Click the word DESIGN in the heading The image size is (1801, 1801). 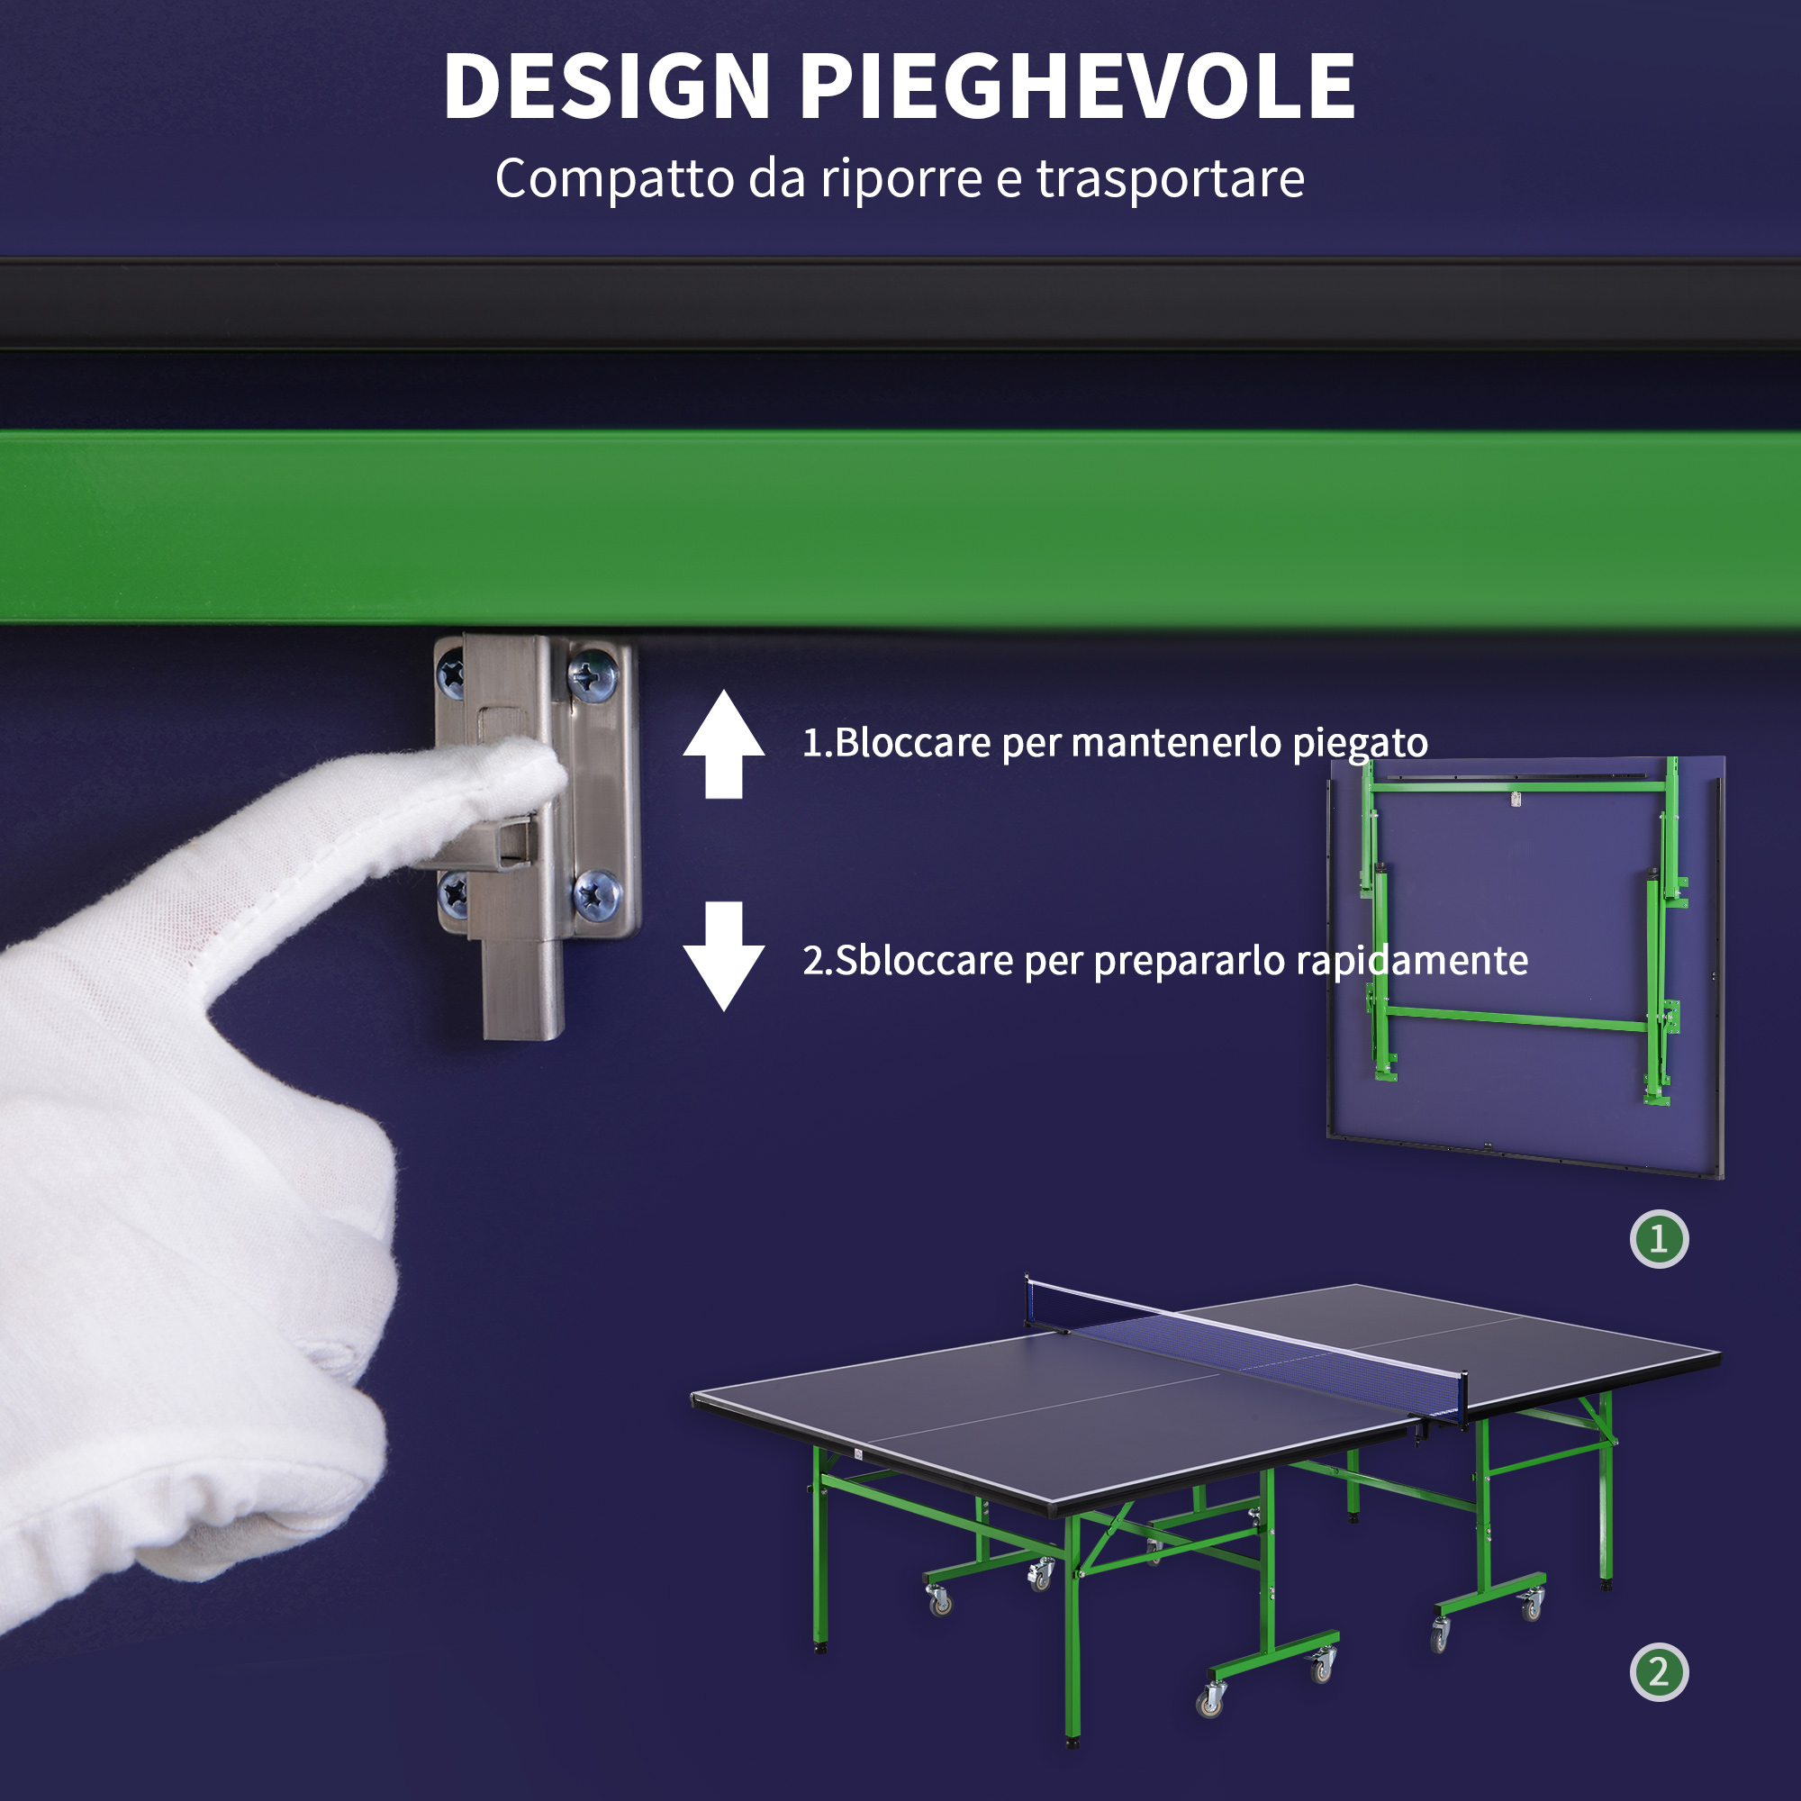click(x=607, y=86)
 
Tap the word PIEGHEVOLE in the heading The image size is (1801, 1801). click(x=1078, y=86)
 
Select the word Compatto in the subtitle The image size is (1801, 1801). click(x=614, y=179)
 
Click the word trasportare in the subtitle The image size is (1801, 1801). click(x=1170, y=178)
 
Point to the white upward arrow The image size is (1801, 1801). click(x=723, y=745)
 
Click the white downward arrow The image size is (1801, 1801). click(x=723, y=955)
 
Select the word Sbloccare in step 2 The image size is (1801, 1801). click(x=924, y=960)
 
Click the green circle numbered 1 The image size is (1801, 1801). click(x=1659, y=1239)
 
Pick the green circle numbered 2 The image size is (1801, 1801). click(x=1659, y=1671)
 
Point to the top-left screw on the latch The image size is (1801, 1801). click(x=451, y=673)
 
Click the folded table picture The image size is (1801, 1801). click(x=1525, y=966)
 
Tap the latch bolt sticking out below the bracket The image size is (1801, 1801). click(x=523, y=988)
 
